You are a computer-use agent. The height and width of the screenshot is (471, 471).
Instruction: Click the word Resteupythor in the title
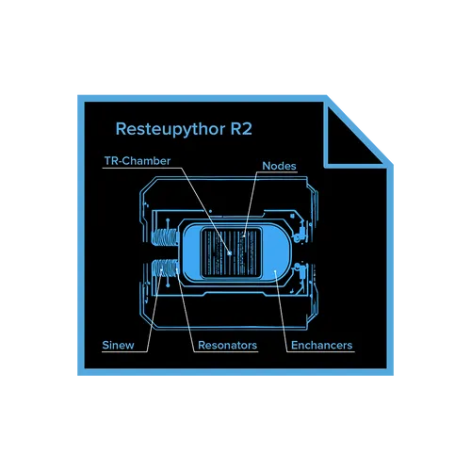tap(171, 129)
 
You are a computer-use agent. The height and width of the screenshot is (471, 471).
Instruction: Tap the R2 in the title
tap(241, 128)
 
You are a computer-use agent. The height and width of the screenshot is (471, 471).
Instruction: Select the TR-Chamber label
tap(138, 161)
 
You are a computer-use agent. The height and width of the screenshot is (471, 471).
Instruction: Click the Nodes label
tap(279, 166)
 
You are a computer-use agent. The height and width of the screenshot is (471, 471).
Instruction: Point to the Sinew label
tap(118, 345)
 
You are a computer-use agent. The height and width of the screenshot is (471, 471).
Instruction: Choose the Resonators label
tap(227, 345)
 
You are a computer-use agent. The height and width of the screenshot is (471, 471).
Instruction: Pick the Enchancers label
tap(321, 345)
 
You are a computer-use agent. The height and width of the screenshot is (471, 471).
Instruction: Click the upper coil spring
tap(164, 237)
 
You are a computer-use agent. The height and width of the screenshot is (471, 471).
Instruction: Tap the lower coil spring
tap(165, 268)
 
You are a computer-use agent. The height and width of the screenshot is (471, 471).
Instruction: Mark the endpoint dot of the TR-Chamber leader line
tap(230, 253)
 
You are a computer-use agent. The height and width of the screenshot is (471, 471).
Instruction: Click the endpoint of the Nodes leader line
tap(244, 235)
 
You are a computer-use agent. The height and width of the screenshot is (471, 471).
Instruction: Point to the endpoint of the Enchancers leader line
tap(275, 271)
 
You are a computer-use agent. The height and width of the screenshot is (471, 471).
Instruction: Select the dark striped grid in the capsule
tap(231, 252)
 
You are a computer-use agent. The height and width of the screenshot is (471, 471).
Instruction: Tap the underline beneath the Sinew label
tap(124, 351)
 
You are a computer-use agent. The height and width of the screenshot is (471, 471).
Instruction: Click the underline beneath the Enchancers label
tap(320, 351)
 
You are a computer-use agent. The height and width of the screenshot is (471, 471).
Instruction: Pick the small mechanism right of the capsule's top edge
tap(300, 231)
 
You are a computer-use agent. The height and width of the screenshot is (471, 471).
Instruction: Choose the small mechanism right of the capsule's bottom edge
tap(300, 274)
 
